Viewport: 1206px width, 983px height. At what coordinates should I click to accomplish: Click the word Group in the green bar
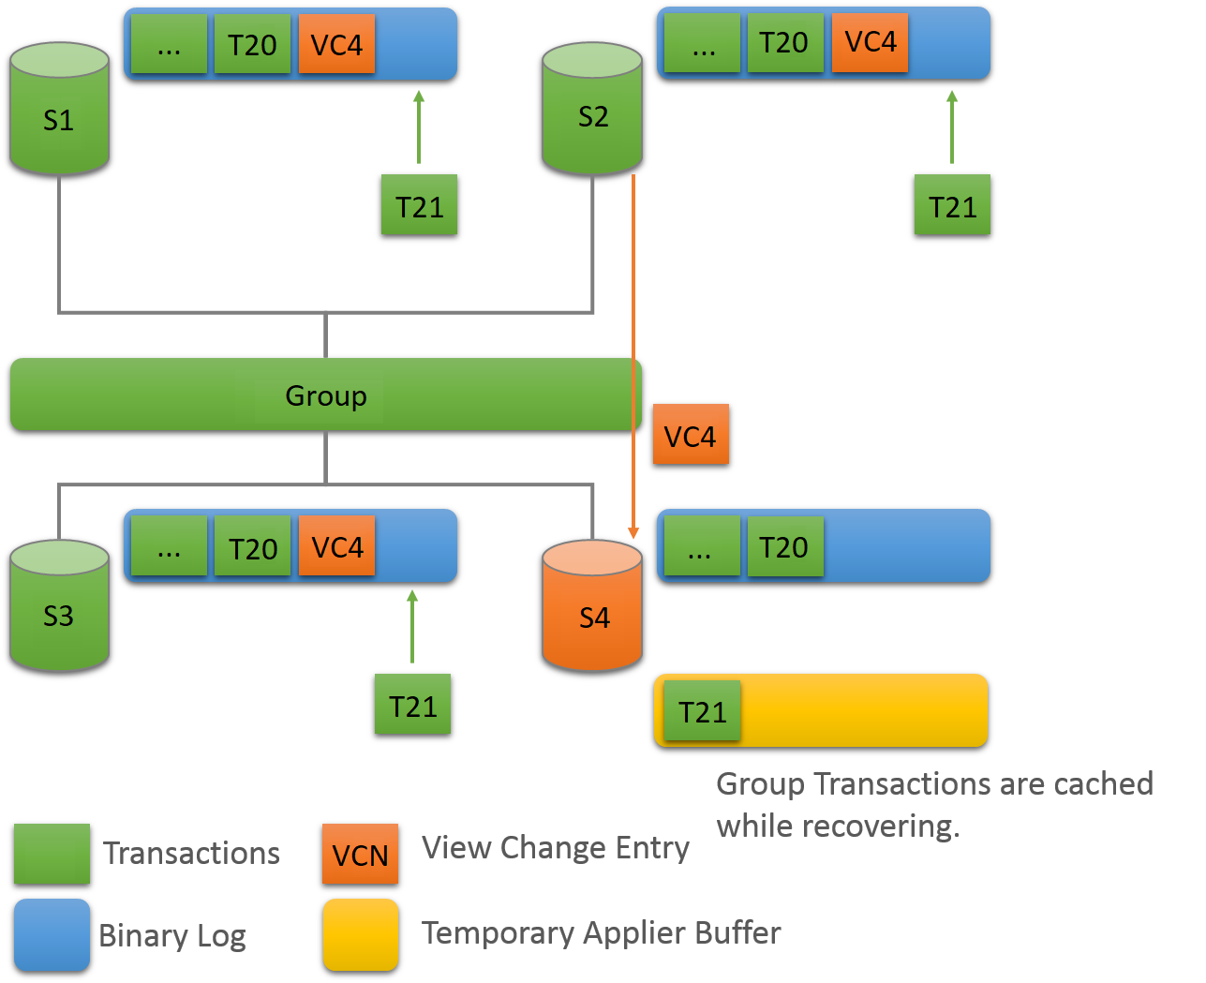325,395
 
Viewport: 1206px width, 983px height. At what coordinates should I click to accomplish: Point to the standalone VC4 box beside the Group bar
691,435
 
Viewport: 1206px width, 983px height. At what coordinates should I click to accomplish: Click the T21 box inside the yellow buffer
702,711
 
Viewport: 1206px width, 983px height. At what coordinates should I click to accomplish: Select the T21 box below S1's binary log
419,205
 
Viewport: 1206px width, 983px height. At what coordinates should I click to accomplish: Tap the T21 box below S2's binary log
952,205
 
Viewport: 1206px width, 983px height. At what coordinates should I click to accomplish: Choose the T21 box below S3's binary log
412,705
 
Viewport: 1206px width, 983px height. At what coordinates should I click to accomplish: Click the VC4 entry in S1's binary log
336,44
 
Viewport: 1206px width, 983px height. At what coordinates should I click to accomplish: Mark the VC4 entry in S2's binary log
870,42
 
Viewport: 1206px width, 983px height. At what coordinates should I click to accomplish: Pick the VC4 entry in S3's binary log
336,546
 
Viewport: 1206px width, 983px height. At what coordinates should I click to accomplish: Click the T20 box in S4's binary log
784,547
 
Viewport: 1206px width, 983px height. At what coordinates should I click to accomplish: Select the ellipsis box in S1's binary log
169,44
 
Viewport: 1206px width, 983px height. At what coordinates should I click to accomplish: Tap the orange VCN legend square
360,855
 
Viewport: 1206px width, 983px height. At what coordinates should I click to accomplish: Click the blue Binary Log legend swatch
52,935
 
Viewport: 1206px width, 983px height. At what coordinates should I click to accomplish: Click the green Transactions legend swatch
52,854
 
